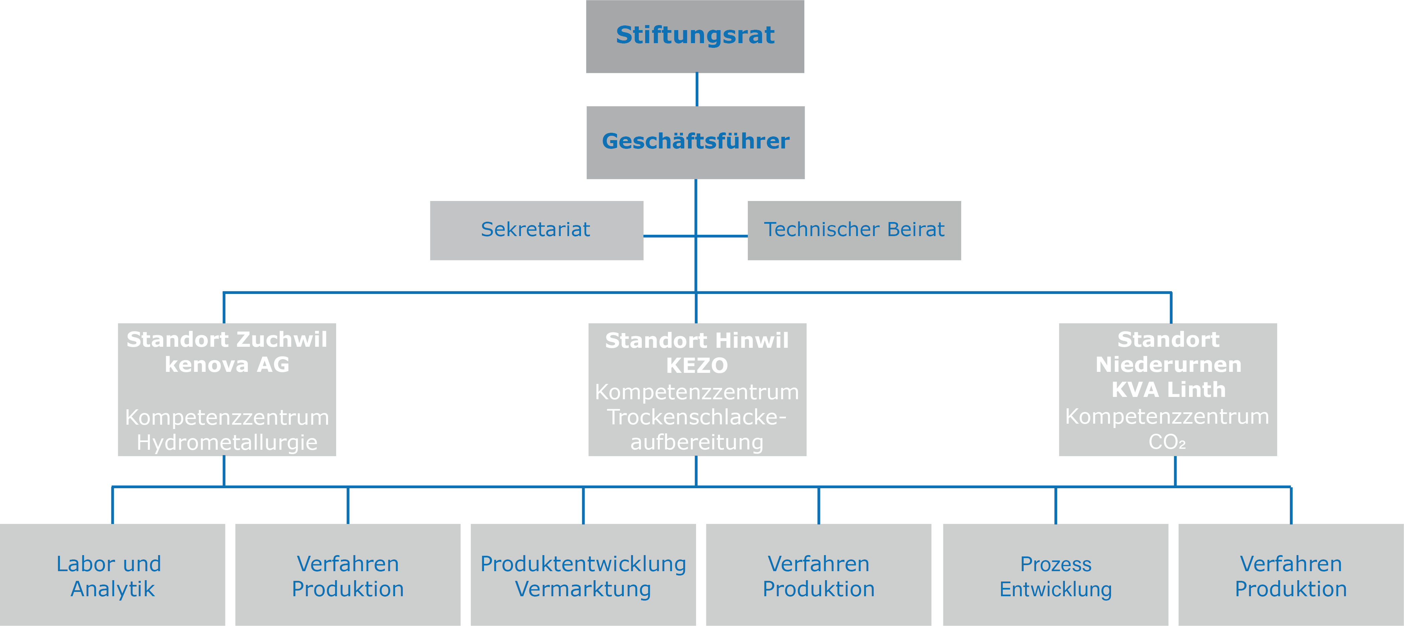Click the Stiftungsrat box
tap(695, 36)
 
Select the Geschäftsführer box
tap(695, 142)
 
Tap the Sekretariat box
tap(536, 230)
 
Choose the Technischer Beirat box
tap(854, 230)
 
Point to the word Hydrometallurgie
tap(227, 442)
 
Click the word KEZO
tap(697, 366)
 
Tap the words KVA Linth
tap(1168, 390)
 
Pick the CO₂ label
tap(1167, 442)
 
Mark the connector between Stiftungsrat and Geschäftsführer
tap(697, 89)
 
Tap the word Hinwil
tap(752, 340)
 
